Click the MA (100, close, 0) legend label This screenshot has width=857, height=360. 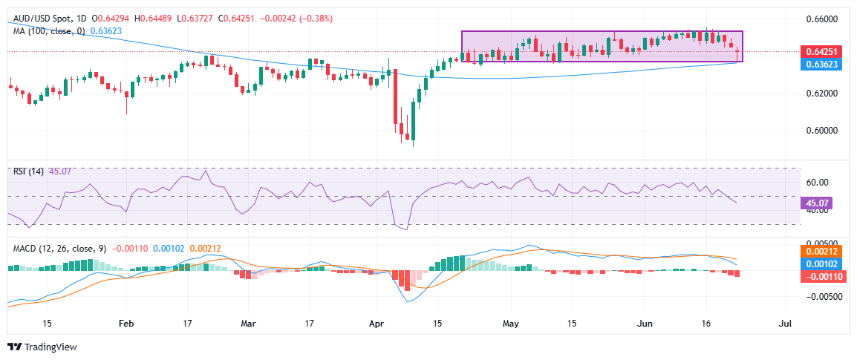pos(48,30)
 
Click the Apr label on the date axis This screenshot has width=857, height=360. pos(376,324)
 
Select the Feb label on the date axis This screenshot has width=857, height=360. pos(126,324)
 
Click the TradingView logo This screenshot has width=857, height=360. pos(42,347)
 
